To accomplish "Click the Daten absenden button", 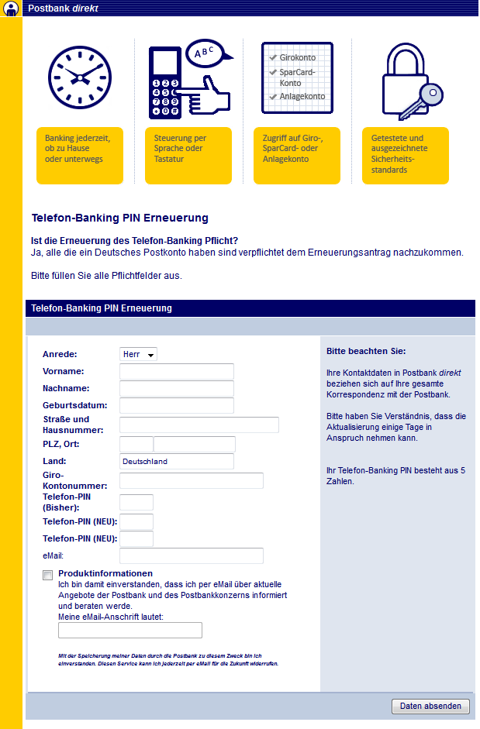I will (431, 706).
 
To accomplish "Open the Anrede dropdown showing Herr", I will (138, 354).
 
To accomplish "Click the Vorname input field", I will (176, 372).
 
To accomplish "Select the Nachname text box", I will (176, 389).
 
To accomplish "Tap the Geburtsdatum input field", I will (176, 406).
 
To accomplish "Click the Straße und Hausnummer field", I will (199, 425).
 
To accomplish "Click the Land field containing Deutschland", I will (176, 462).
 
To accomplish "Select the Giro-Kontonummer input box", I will (191, 480).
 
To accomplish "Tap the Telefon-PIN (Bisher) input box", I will (136, 502).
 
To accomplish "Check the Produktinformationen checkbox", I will (48, 575).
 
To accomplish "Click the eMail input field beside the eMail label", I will (191, 555).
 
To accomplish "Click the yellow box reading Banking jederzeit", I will (79, 155).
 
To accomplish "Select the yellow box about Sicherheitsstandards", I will (405, 155).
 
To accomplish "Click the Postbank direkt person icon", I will (11, 9).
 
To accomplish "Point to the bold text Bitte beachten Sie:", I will (366, 351).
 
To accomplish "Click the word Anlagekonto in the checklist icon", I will (302, 97).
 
